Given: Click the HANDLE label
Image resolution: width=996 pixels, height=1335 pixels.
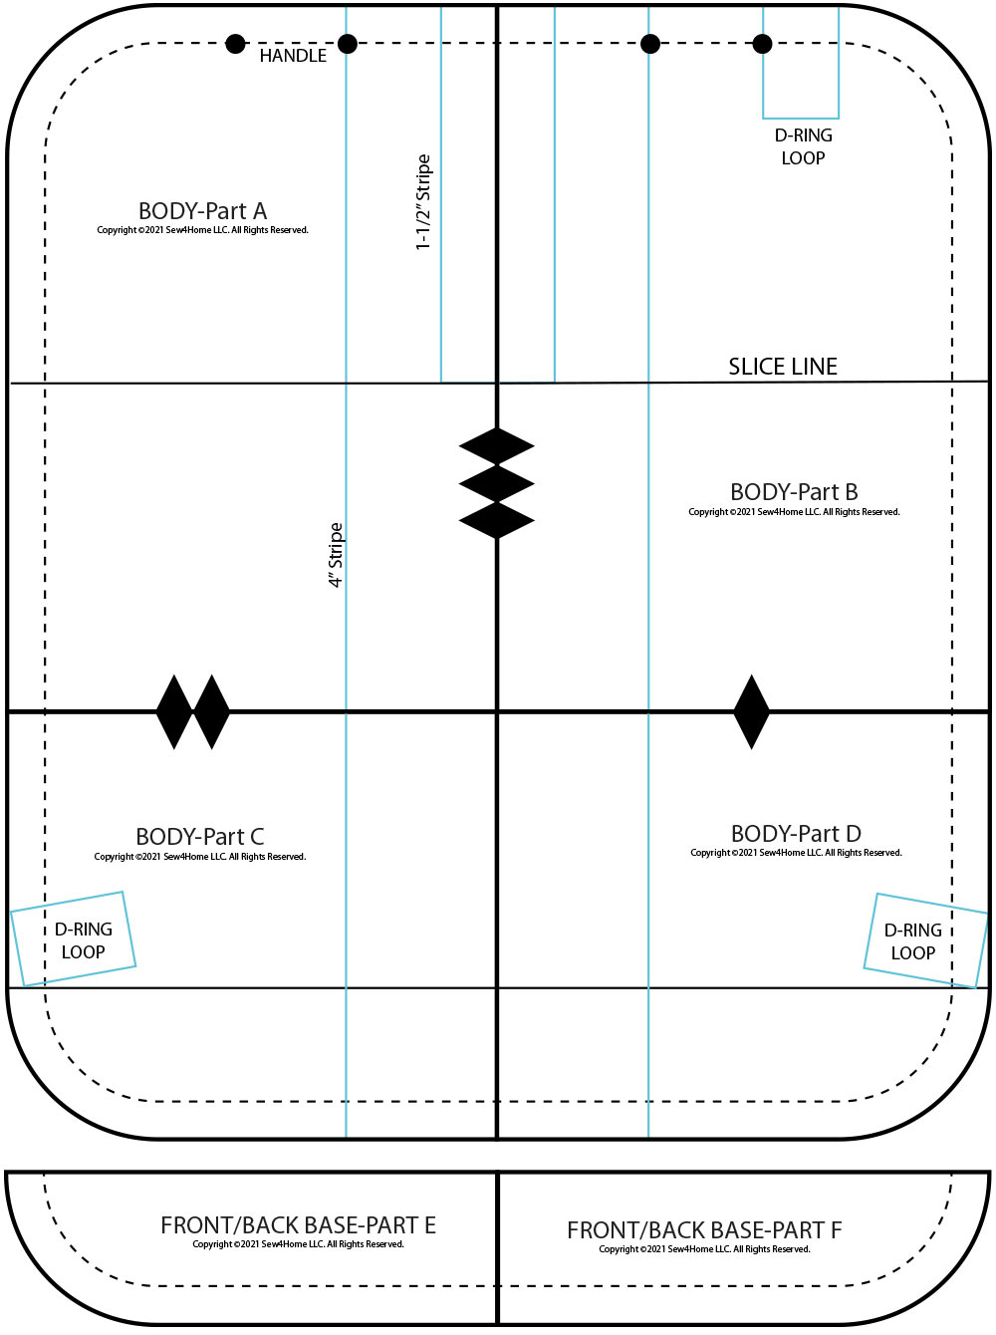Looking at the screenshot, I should click(x=293, y=56).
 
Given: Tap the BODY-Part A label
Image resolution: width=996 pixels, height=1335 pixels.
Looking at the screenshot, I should click(x=202, y=211).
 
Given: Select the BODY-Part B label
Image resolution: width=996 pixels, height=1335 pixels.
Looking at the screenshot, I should click(x=794, y=492).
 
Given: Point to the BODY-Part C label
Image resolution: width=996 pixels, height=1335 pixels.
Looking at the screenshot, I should click(x=199, y=837).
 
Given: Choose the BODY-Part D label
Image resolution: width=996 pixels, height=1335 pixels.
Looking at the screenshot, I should click(x=796, y=834).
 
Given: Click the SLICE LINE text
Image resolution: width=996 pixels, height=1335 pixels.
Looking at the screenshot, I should click(x=783, y=367).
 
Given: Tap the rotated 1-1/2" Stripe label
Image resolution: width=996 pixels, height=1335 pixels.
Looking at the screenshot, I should click(x=423, y=202).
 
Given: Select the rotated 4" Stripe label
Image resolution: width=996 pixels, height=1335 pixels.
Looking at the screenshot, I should click(x=336, y=555).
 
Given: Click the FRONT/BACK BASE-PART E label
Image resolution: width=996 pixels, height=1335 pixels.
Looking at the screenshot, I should click(x=298, y=1225).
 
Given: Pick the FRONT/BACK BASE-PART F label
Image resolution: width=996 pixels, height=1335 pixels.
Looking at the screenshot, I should click(x=704, y=1230).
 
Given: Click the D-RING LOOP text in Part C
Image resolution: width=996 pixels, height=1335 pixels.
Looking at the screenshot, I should click(x=83, y=940).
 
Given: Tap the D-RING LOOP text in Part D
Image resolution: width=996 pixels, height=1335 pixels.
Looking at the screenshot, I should click(x=913, y=941).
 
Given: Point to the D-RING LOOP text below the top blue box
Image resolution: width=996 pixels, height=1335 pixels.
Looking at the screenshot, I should click(x=803, y=146).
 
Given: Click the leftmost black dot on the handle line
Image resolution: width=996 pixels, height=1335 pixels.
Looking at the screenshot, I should click(x=235, y=44).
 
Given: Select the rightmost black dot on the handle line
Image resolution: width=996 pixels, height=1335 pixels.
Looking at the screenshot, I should click(x=762, y=44).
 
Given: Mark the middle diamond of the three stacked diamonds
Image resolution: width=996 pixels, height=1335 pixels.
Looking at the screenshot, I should click(x=497, y=483).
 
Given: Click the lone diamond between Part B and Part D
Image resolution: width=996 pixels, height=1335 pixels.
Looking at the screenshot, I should click(x=751, y=711).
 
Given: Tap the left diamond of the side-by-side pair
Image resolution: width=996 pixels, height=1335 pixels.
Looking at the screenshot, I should click(x=174, y=711).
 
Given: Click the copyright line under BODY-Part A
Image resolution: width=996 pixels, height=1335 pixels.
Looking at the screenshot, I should click(x=202, y=230).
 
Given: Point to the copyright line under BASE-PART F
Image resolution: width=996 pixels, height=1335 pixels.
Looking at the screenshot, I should click(x=704, y=1249).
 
